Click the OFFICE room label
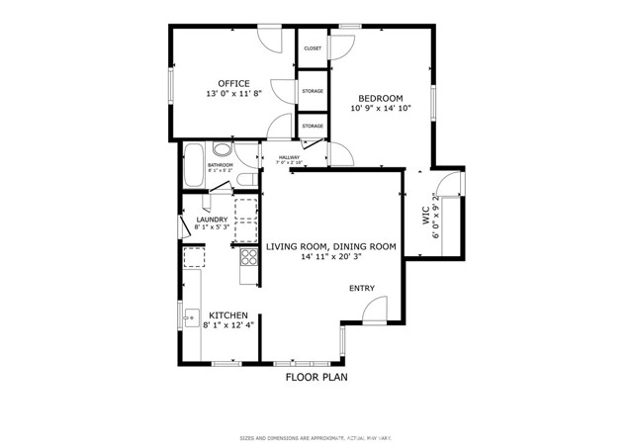233,83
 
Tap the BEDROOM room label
381,97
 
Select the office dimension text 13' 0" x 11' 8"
233,94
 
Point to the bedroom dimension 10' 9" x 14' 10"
381,108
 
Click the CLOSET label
313,47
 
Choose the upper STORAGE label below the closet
313,91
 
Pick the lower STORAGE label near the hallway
313,127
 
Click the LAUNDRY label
212,220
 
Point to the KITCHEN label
228,315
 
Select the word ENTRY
362,289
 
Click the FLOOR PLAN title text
316,377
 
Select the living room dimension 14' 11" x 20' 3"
331,256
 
